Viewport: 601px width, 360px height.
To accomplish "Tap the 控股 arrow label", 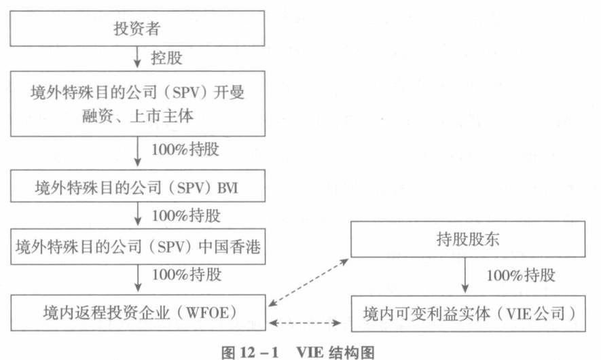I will pos(166,57).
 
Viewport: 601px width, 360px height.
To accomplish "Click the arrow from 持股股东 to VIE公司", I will pos(465,275).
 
